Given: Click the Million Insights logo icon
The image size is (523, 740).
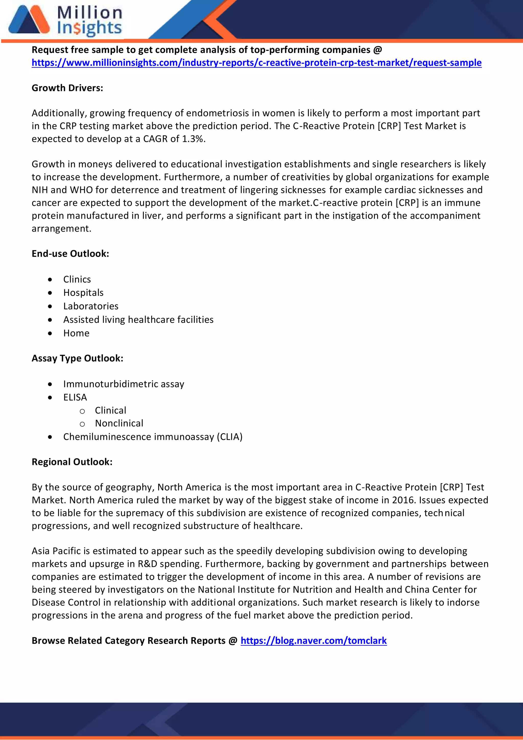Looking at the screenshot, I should (29, 20).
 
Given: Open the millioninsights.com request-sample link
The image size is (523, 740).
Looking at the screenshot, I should (256, 63).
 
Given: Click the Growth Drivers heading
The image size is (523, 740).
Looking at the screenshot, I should (67, 88).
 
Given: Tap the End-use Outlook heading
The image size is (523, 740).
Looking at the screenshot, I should (70, 254).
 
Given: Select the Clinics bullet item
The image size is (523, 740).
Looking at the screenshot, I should (77, 279).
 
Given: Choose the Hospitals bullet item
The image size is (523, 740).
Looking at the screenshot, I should (83, 293).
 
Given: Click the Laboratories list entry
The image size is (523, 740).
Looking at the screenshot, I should (91, 306).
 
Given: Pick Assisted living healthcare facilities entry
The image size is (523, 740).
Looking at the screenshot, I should (138, 320).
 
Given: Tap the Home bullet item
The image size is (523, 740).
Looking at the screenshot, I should (76, 333).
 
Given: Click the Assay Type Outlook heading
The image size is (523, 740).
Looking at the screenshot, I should (77, 358).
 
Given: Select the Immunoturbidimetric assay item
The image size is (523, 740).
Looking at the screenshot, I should (123, 384).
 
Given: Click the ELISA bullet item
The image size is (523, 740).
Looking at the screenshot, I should (75, 397).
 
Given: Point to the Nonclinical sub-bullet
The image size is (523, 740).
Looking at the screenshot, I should (119, 423).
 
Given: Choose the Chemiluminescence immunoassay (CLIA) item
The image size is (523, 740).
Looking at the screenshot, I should (153, 437).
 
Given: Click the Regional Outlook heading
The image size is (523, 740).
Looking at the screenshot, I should (72, 462).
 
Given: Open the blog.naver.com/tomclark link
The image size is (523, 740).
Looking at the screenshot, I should (314, 640).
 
